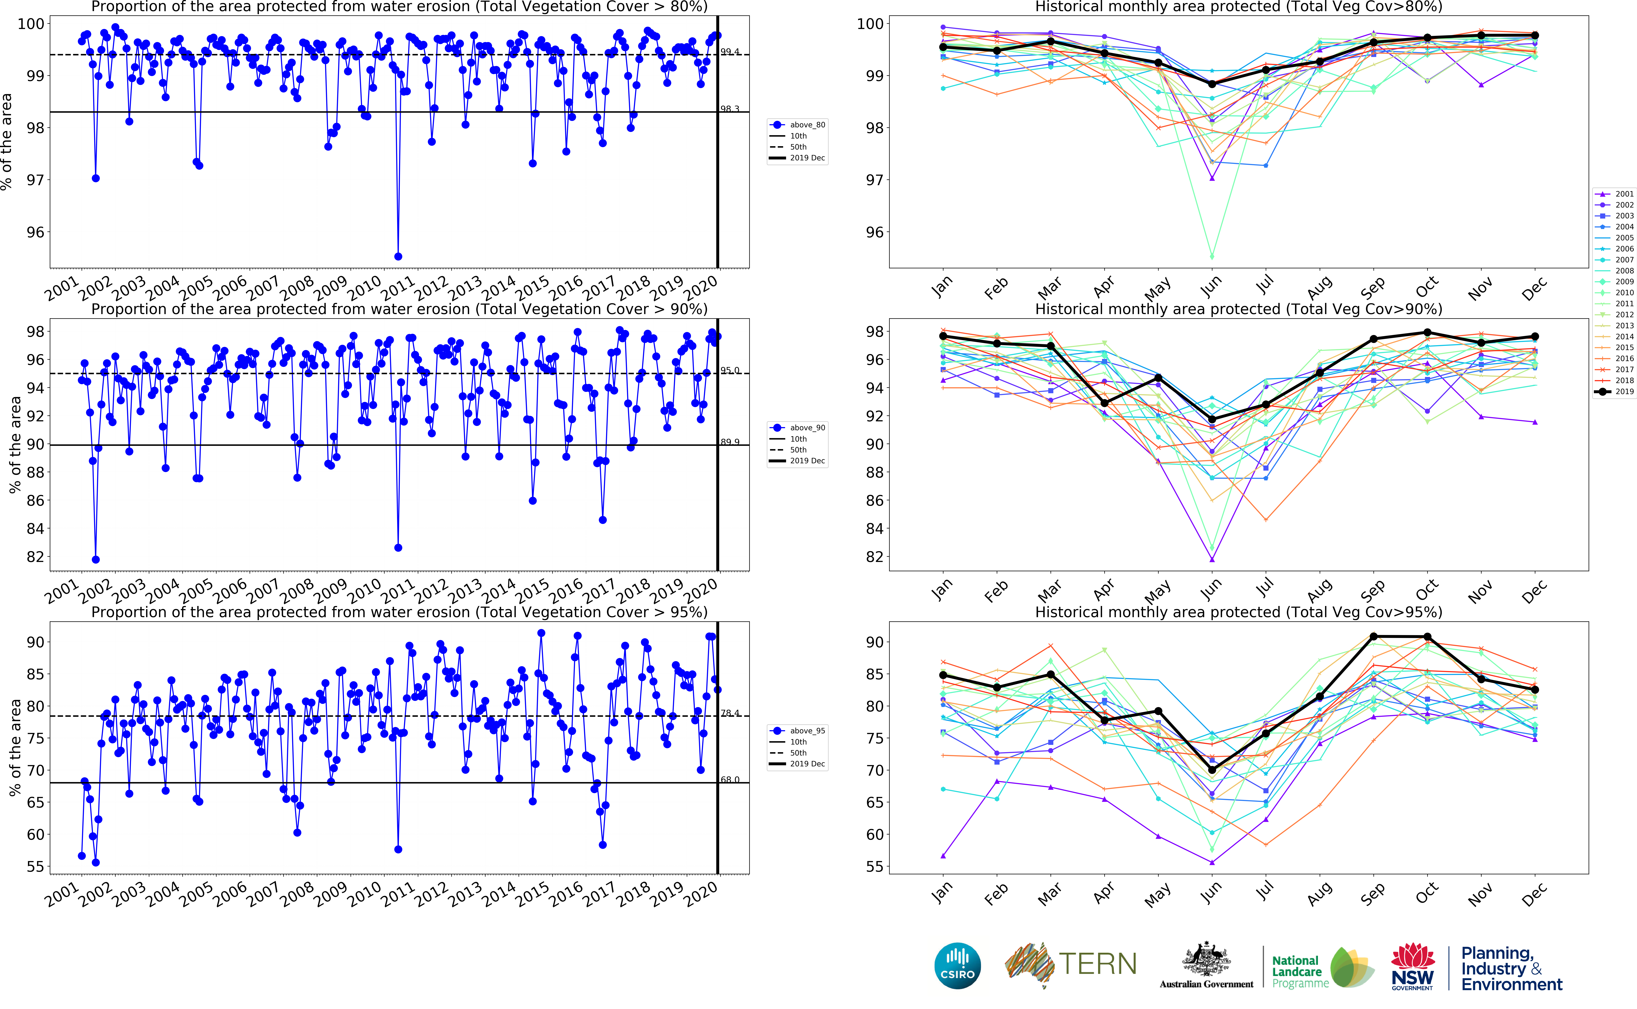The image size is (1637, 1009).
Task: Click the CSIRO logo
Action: tap(957, 966)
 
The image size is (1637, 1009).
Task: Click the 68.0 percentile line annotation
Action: tap(730, 779)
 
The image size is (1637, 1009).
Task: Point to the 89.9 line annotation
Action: tap(730, 442)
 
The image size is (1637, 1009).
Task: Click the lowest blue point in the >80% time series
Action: tap(398, 256)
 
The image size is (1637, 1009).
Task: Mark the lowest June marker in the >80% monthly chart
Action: tap(1212, 256)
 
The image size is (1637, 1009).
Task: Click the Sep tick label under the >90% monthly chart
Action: tap(1373, 590)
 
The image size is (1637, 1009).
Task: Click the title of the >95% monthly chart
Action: tap(1238, 612)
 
